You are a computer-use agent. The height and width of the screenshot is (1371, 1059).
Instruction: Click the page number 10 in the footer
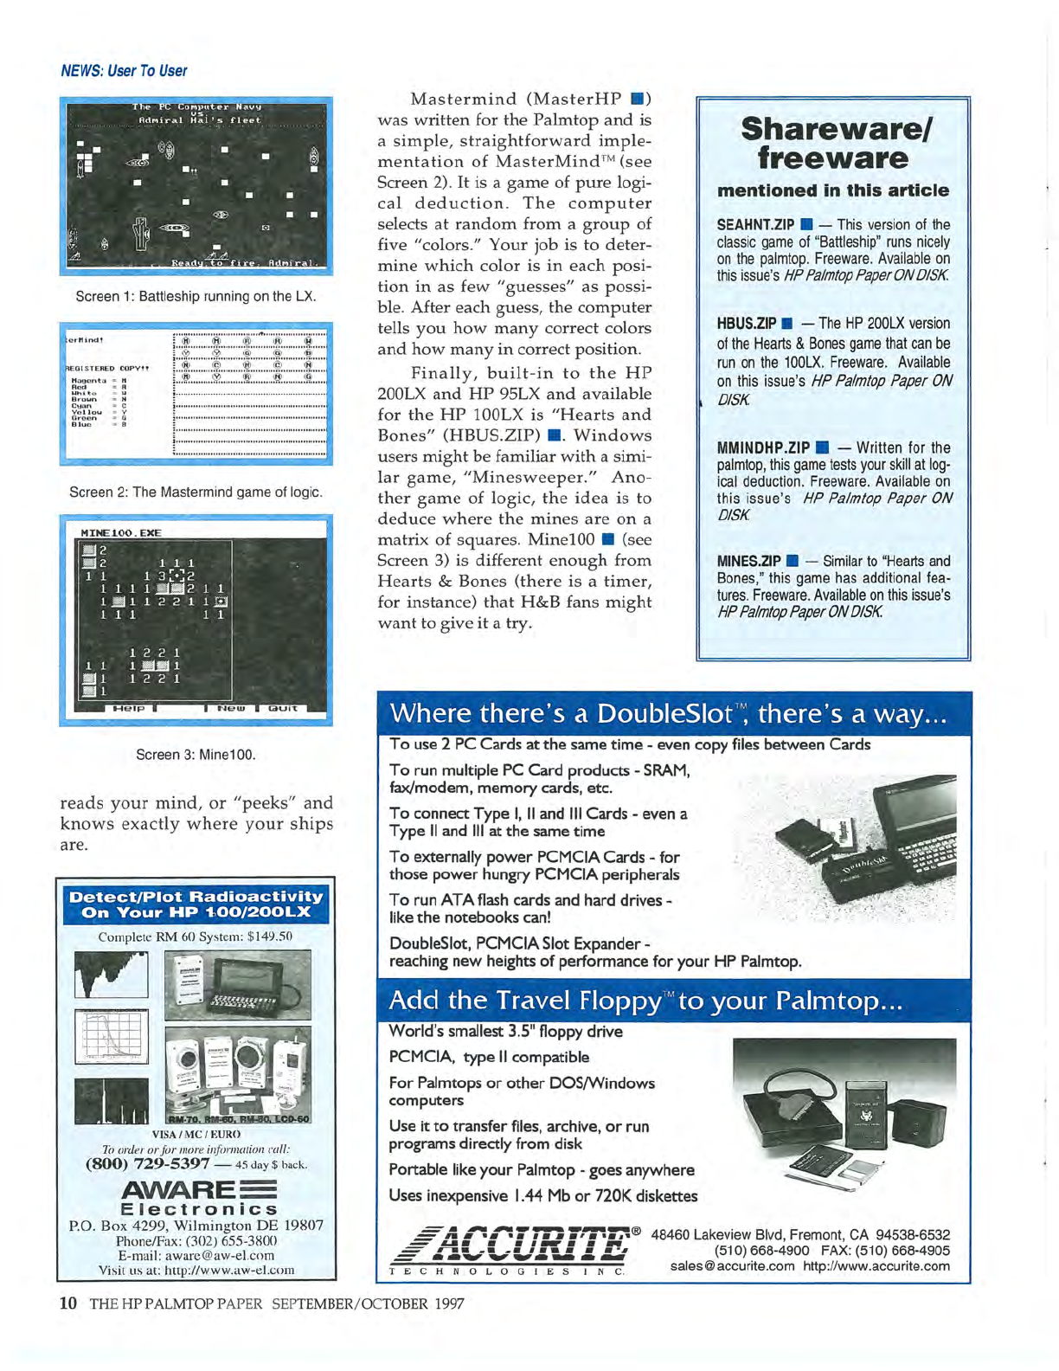tap(68, 1303)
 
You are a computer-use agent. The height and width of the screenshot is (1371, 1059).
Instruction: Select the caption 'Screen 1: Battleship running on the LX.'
tap(196, 296)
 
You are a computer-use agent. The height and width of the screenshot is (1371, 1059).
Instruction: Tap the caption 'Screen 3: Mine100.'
tap(196, 754)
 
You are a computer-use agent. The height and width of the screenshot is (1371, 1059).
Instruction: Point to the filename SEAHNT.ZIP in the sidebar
tap(754, 225)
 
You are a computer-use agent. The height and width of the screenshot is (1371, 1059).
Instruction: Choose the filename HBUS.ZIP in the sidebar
tap(746, 324)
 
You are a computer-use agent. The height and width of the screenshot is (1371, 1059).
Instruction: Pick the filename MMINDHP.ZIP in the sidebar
tap(762, 447)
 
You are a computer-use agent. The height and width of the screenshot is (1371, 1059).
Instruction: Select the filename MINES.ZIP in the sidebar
tap(748, 561)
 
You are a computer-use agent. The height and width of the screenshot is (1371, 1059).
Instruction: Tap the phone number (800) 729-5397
tap(147, 1163)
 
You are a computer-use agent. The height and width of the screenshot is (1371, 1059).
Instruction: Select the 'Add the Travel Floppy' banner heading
tap(645, 1001)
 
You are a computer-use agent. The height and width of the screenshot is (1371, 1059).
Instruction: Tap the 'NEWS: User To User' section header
tap(124, 71)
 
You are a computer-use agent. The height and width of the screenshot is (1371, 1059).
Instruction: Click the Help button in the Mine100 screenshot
tap(129, 708)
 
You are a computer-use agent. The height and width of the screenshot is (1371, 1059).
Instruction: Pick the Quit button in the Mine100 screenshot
tap(283, 708)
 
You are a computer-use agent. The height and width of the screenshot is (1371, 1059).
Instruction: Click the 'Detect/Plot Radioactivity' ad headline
tap(196, 904)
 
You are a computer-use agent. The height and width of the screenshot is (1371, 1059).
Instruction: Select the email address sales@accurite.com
tap(732, 1266)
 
